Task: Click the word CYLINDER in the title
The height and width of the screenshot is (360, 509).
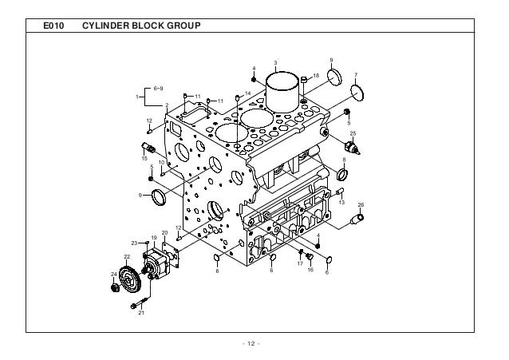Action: [x=109, y=27]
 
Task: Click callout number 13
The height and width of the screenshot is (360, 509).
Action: [x=341, y=202]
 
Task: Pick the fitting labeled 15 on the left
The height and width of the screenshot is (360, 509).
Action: [x=147, y=146]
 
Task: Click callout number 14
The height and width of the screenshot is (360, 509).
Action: [x=247, y=93]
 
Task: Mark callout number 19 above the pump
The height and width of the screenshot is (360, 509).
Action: [x=153, y=238]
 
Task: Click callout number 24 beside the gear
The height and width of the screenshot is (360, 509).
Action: [x=113, y=275]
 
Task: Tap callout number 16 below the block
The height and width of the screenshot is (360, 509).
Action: [x=310, y=269]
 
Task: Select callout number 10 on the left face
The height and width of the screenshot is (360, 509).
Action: [x=160, y=162]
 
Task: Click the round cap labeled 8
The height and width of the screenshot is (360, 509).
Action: [x=344, y=173]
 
